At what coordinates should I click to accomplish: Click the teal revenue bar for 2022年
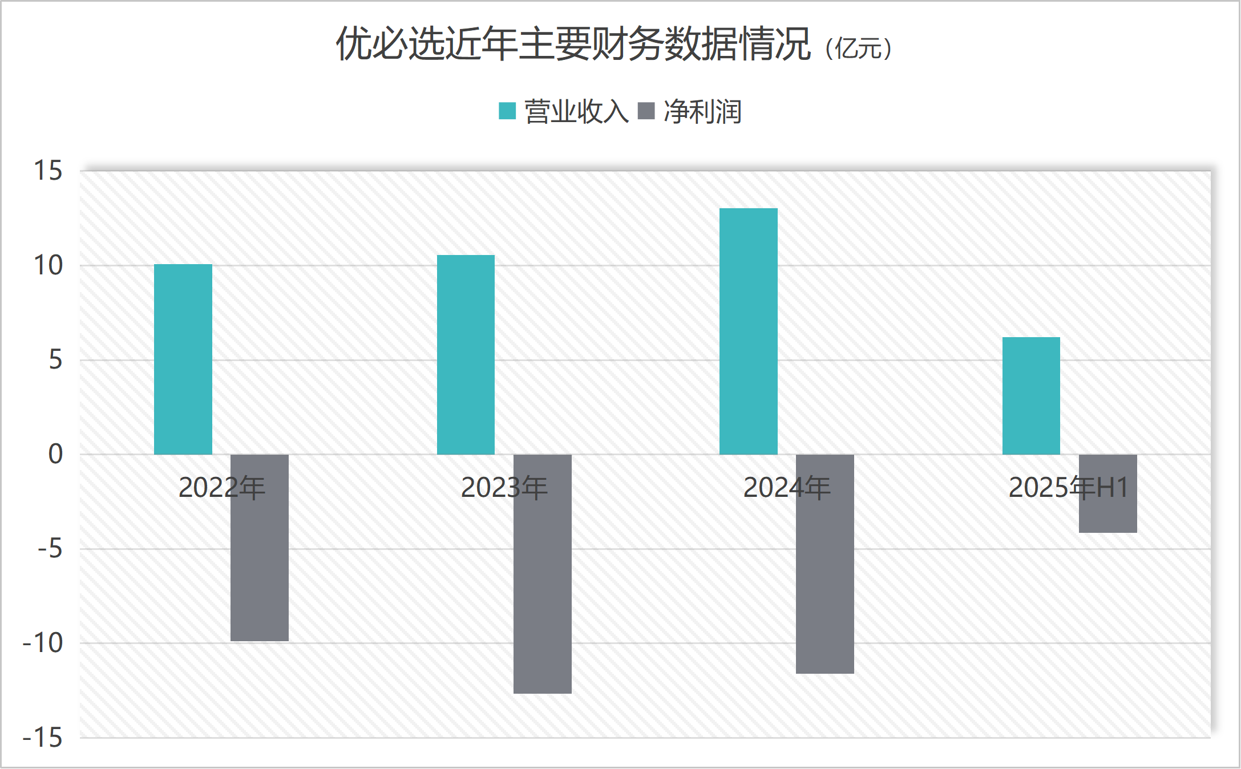[183, 359]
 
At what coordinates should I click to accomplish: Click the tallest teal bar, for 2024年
[748, 331]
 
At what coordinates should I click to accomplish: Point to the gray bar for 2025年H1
[1107, 513]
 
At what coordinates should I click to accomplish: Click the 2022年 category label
[221, 488]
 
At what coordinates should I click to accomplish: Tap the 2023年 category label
[504, 488]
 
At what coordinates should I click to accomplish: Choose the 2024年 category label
[786, 488]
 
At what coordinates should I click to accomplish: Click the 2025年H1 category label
[1068, 488]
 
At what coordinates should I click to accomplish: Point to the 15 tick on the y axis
[48, 171]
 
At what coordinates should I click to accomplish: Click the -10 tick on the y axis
[43, 643]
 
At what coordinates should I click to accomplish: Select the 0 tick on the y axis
[55, 455]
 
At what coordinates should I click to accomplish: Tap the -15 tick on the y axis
[43, 738]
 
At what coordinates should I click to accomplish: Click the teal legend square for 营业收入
[507, 111]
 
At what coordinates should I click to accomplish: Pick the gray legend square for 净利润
[646, 111]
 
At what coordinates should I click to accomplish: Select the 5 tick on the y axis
[55, 360]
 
